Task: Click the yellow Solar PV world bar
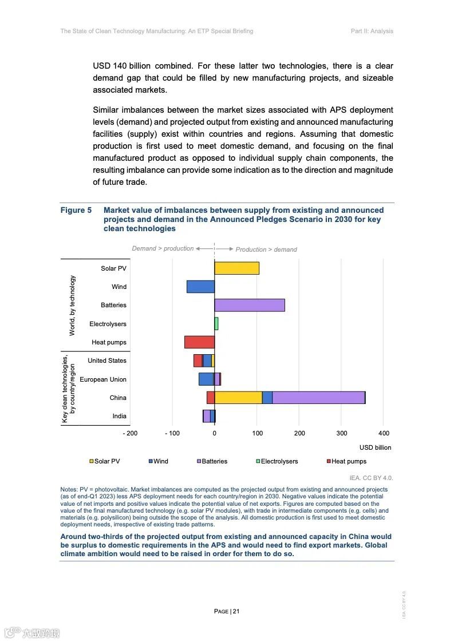coord(236,268)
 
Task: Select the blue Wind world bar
coord(200,287)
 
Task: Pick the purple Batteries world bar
coord(250,305)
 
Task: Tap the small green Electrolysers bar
coord(216,324)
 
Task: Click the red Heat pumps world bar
coord(199,342)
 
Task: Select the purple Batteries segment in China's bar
coord(318,398)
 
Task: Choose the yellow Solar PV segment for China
coord(238,398)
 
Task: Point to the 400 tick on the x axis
coord(384,433)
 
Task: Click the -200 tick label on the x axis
coord(131,433)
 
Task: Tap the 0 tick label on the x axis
coord(215,433)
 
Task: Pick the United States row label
coord(107,360)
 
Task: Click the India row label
coord(119,416)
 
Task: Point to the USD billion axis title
coord(375,447)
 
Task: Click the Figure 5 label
coord(76,211)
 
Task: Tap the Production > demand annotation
coord(266,249)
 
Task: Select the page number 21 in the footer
coord(235,611)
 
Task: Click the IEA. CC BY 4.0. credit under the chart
coord(371,477)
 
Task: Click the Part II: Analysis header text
coord(372,31)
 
